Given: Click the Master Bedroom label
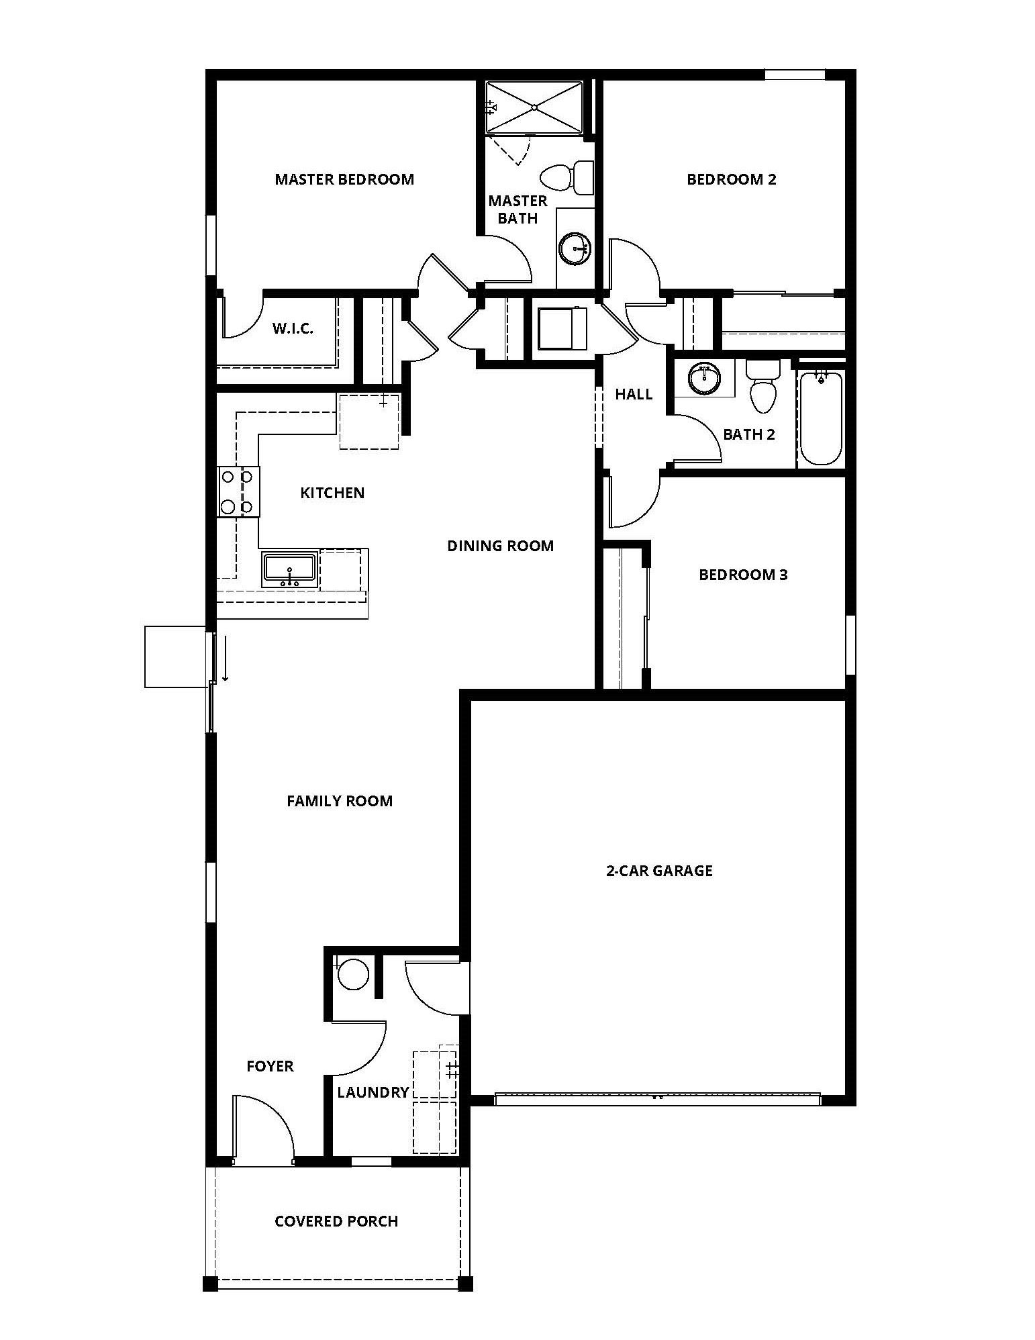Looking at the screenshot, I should (x=344, y=179).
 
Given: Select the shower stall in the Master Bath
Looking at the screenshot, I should (x=534, y=107).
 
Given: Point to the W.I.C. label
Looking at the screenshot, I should (x=293, y=329).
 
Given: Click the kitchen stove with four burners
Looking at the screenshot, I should (x=238, y=491).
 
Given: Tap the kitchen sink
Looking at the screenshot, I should (x=290, y=569).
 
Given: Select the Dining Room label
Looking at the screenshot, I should (x=501, y=546).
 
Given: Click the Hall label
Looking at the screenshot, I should (x=634, y=394).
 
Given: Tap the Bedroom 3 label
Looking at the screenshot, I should (x=743, y=575).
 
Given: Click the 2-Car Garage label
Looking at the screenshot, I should (x=659, y=871).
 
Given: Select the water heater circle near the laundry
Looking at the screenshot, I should (x=353, y=974).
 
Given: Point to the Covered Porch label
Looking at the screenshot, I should (x=336, y=1221).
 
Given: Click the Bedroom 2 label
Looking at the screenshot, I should (x=731, y=179).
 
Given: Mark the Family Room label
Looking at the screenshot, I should (x=340, y=801).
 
